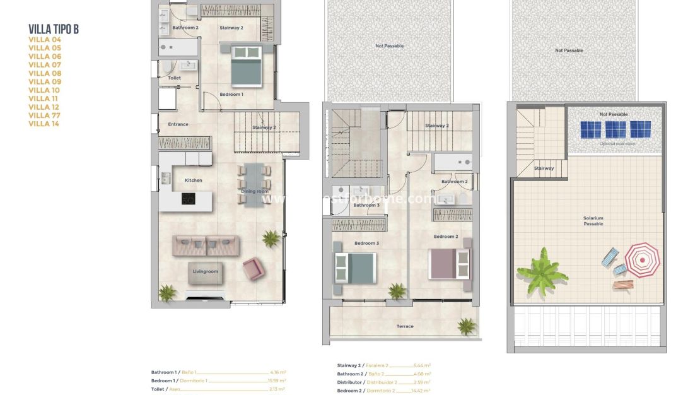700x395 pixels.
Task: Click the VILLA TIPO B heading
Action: click(54, 29)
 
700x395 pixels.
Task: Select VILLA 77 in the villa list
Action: click(45, 115)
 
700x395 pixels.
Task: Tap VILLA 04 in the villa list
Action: click(45, 39)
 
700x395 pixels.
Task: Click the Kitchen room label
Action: click(193, 180)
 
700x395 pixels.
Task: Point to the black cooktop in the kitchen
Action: click(188, 199)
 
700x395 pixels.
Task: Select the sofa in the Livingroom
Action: click(206, 245)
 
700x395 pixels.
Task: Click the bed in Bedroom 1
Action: click(246, 65)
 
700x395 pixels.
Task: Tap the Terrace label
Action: click(405, 326)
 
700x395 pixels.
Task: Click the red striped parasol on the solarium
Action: click(642, 260)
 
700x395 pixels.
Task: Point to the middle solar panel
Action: click(615, 129)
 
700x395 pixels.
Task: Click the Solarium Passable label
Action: click(593, 221)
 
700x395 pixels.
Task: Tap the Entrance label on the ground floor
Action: click(178, 124)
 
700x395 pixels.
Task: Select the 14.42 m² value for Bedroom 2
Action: click(421, 391)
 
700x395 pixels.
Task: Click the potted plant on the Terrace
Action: click(466, 326)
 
